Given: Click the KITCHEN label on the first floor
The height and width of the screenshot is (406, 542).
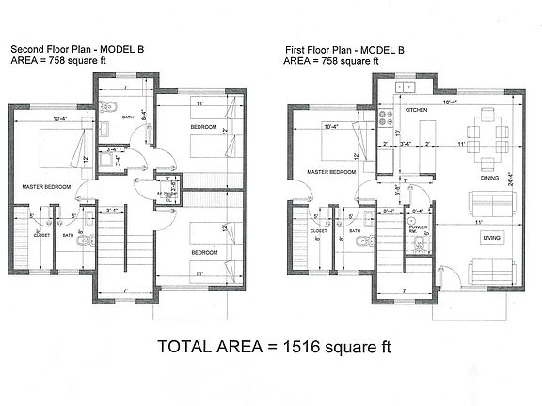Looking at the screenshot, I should click(x=417, y=111).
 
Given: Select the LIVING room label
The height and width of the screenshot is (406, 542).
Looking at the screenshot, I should click(x=491, y=239).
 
